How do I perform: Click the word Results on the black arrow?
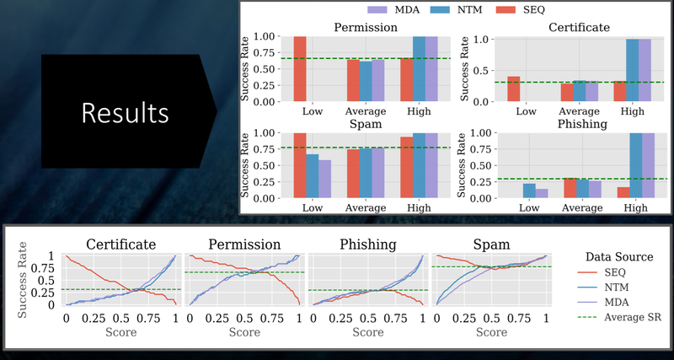125,113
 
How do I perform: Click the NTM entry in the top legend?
457,9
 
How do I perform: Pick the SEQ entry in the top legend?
520,9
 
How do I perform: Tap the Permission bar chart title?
366,28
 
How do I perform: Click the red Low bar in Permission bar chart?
300,69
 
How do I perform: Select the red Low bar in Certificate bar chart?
514,89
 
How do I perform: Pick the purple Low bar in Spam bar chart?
324,179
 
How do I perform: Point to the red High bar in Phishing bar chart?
623,193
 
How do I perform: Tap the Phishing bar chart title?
582,124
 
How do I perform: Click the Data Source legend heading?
619,257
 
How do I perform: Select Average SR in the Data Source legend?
633,317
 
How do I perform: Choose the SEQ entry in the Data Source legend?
615,271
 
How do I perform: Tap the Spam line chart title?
491,244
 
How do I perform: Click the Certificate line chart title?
120,244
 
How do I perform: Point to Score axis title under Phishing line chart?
368,332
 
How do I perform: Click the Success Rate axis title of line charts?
23,280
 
